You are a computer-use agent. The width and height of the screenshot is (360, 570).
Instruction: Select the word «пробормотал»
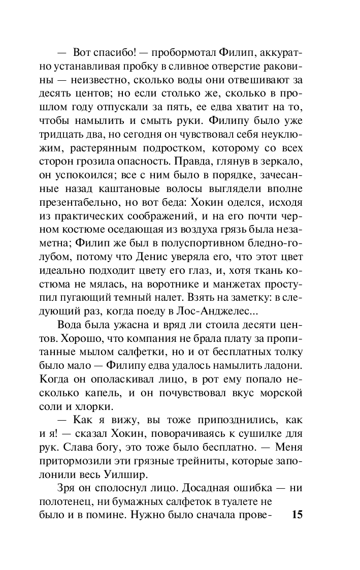pyautogui.click(x=177, y=53)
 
